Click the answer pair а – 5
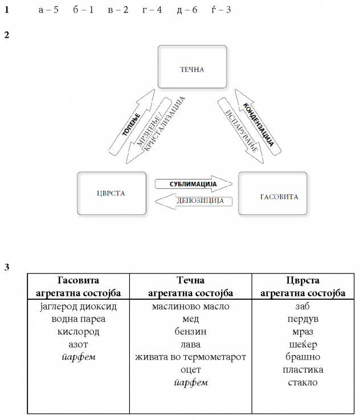pos(48,10)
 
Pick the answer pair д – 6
pos(187,10)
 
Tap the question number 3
pos(6,266)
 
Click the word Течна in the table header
pos(190,280)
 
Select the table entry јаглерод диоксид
pos(79,307)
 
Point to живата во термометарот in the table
pos(190,357)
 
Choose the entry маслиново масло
pos(190,307)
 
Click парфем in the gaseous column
pos(79,357)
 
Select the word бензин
pos(190,332)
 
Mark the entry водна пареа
pos(79,319)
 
